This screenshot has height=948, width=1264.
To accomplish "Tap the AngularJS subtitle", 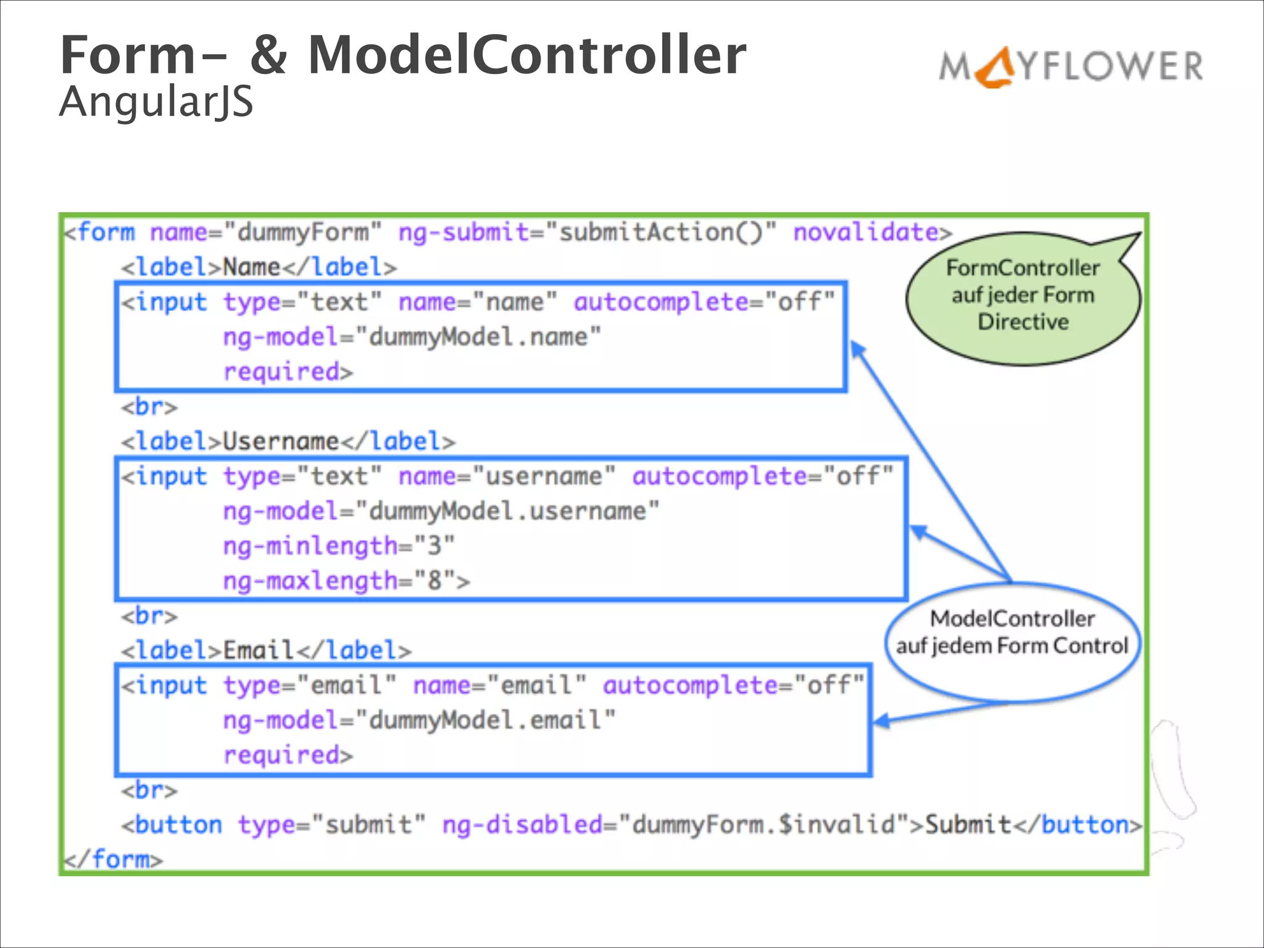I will (156, 102).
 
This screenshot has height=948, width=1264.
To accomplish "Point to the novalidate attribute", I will (866, 233).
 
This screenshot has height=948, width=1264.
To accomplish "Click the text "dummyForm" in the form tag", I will (302, 233).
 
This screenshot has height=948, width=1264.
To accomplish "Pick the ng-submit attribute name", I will (463, 233).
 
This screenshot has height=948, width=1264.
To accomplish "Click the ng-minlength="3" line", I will (338, 546).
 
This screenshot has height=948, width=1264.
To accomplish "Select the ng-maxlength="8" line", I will (346, 581).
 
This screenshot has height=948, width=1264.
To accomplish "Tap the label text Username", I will (281, 441).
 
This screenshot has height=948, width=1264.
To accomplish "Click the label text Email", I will (258, 651).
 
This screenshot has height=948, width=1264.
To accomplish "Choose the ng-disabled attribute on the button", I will (522, 825).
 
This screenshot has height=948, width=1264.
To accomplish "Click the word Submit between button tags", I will (968, 825).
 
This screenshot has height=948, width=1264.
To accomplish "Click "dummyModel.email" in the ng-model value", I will (485, 720).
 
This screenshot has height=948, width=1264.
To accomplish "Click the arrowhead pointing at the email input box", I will (881, 720).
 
